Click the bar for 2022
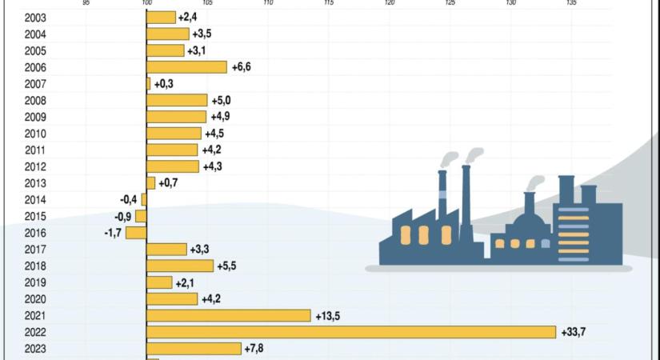[x=350, y=332]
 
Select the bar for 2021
[x=228, y=315]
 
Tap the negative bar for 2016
[x=136, y=233]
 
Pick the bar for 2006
[x=186, y=67]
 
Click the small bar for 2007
[x=148, y=84]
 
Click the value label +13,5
[x=328, y=316]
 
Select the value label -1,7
[x=113, y=233]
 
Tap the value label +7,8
[x=256, y=349]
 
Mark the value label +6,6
[x=242, y=68]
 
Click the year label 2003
[x=35, y=18]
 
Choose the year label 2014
[x=35, y=200]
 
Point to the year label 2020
[x=35, y=299]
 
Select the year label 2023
[x=35, y=349]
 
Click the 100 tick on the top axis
[x=146, y=3]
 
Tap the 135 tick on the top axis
[x=571, y=3]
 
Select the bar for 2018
[x=180, y=266]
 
